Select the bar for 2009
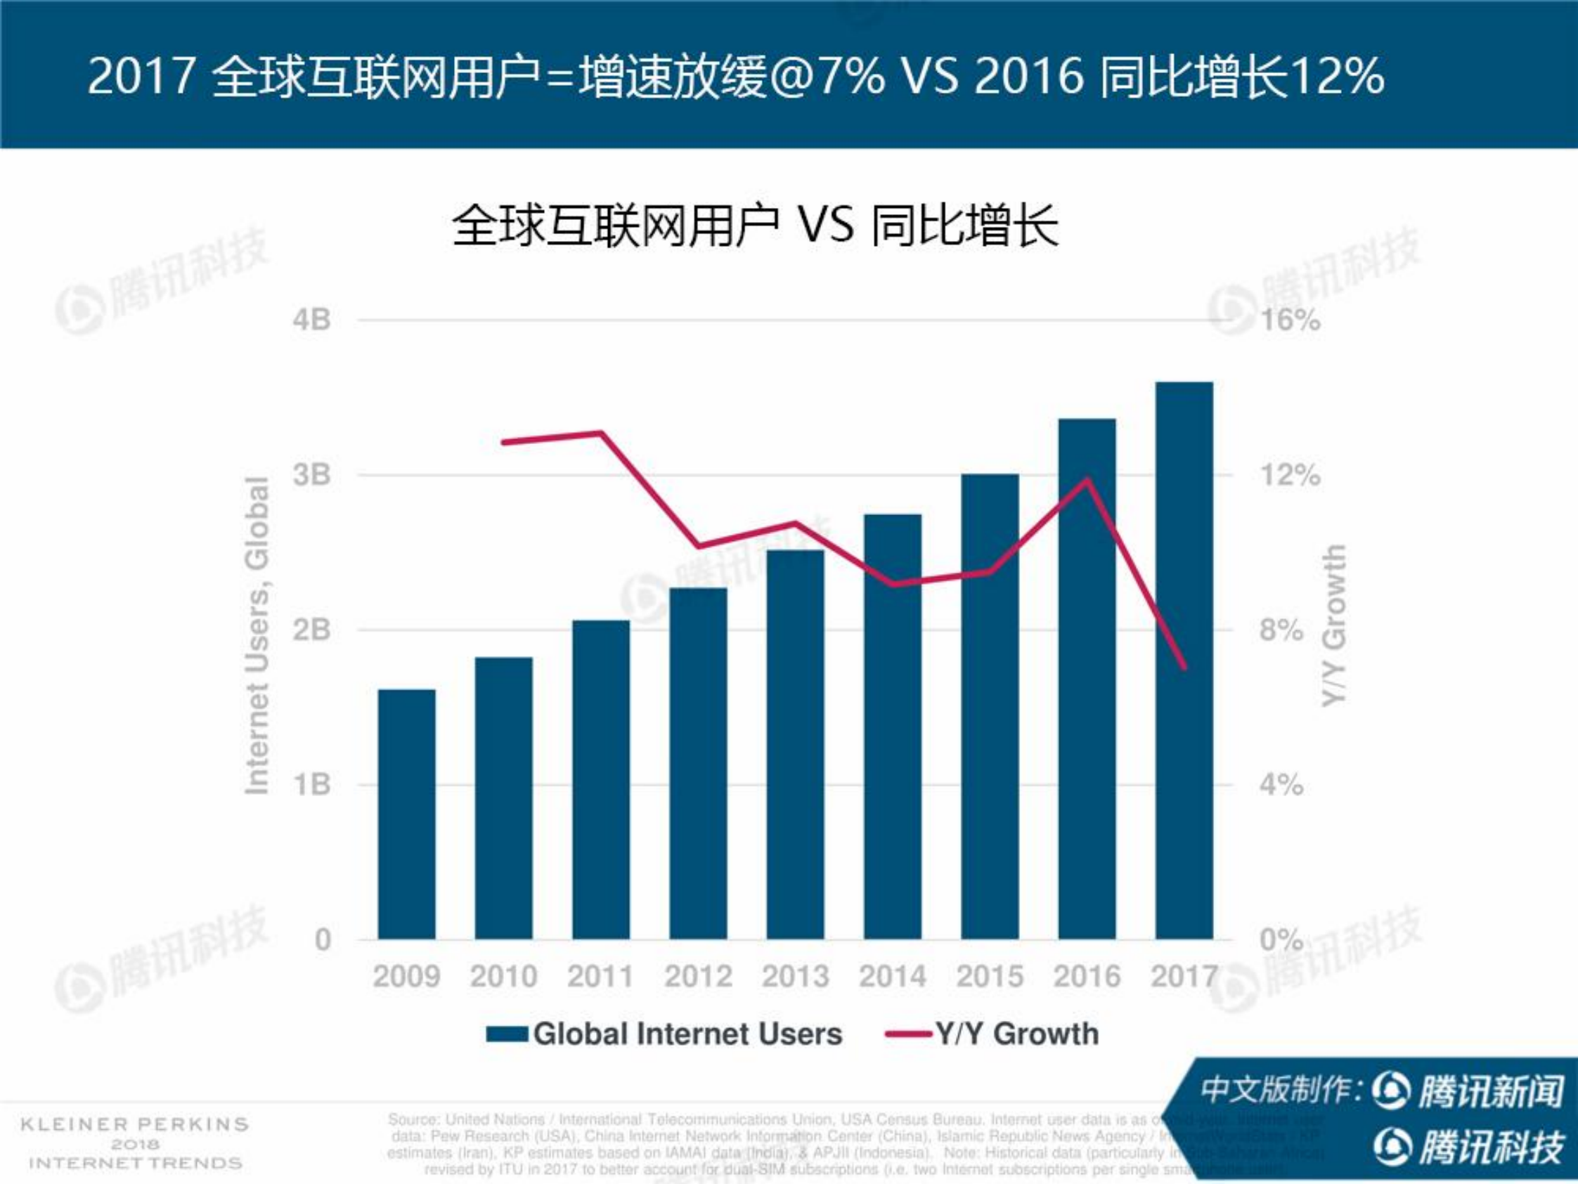(x=407, y=814)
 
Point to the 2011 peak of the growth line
(x=602, y=432)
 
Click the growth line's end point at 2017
(x=1184, y=668)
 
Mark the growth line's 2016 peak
(x=1087, y=479)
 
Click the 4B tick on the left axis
(x=312, y=320)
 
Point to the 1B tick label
(x=312, y=786)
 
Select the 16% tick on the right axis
(x=1291, y=320)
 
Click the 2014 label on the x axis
(x=893, y=977)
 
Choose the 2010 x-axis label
(x=504, y=977)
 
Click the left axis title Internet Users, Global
(x=257, y=635)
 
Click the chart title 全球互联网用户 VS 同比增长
(x=755, y=227)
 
